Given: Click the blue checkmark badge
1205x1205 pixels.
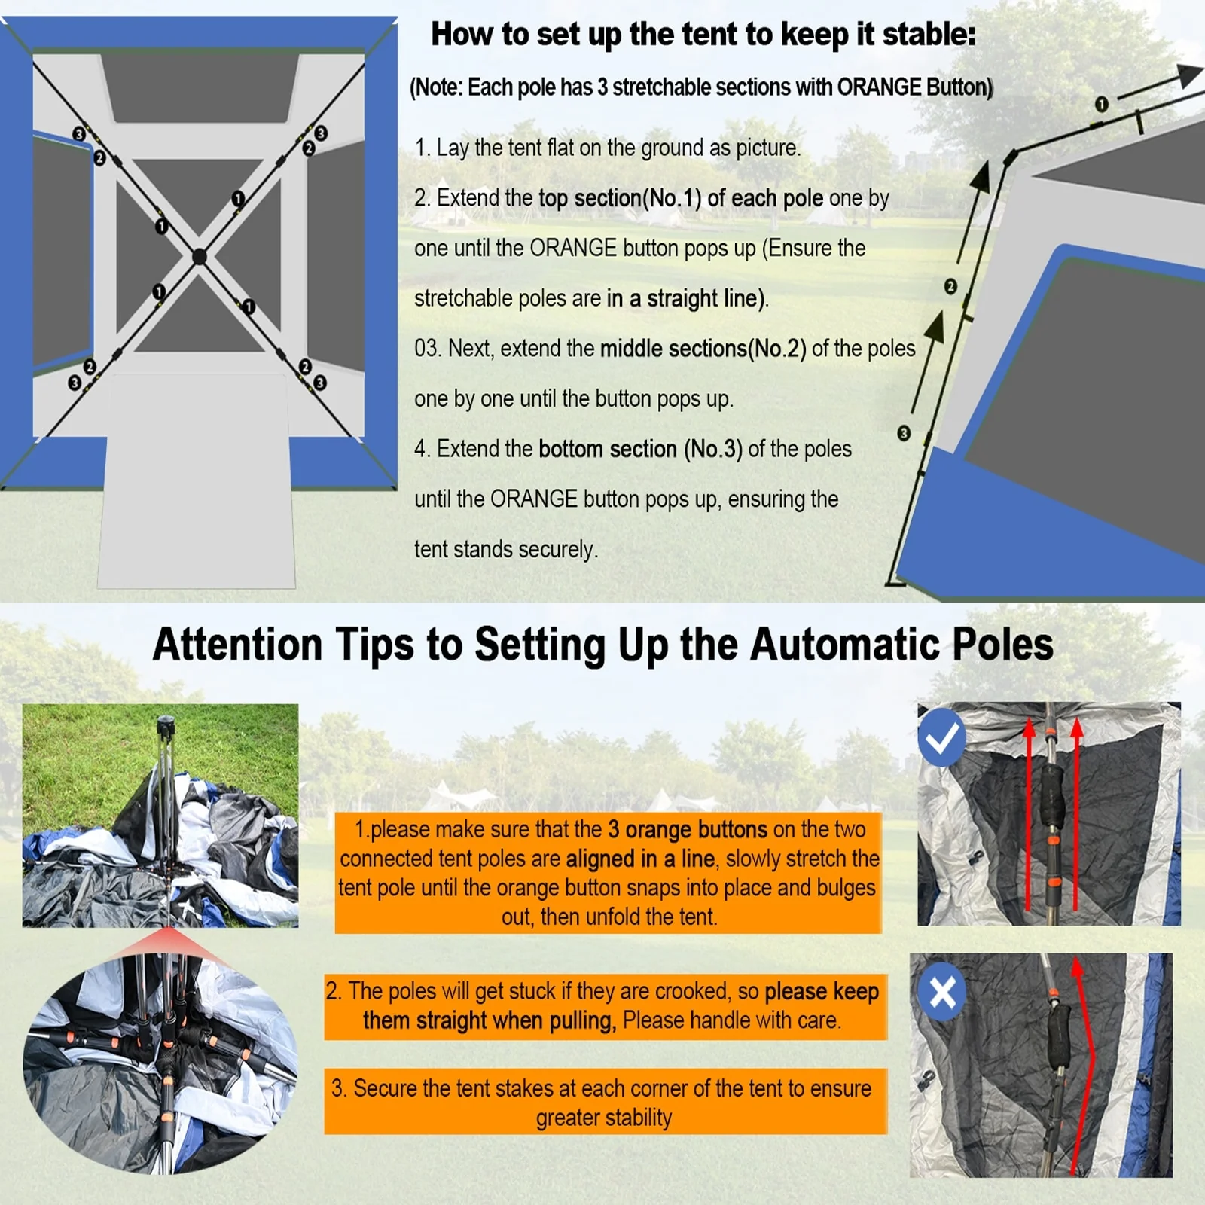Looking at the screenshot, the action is (x=941, y=737).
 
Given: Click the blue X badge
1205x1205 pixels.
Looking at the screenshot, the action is (x=942, y=992).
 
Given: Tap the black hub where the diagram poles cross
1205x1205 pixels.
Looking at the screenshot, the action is (x=200, y=257).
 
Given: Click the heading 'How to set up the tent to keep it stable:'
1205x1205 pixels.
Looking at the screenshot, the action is (x=703, y=35).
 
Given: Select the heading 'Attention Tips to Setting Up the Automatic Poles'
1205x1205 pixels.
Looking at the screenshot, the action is (x=602, y=645).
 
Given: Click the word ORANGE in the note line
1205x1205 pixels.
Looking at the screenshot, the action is (x=879, y=87).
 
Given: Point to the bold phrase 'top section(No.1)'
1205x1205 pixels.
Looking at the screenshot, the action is (x=620, y=198).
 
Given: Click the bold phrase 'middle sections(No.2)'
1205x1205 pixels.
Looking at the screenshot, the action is (x=703, y=349).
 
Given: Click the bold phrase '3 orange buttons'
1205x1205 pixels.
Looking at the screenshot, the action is (x=687, y=829).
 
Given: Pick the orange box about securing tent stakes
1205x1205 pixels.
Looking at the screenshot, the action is (x=606, y=1101).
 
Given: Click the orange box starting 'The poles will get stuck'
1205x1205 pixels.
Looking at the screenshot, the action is (x=606, y=1007).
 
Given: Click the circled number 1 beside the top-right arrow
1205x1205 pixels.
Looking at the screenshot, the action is (x=1101, y=104).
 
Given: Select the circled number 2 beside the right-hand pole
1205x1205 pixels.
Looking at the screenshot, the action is (x=950, y=286).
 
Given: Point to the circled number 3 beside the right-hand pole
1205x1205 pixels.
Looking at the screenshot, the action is (x=904, y=433).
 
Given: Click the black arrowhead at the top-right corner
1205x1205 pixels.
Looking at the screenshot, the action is (x=1189, y=75).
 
